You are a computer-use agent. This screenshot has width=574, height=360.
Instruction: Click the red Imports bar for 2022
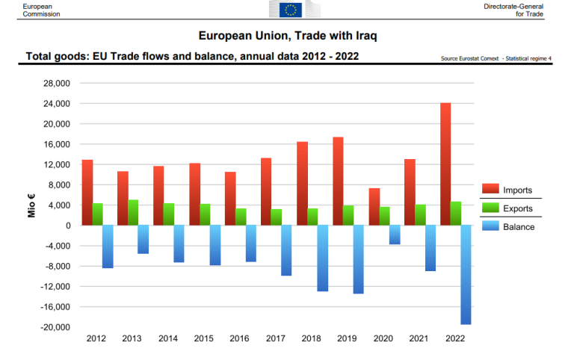[445, 164]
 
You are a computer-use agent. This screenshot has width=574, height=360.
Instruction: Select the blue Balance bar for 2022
[466, 275]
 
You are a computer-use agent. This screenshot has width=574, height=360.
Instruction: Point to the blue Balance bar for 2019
[359, 259]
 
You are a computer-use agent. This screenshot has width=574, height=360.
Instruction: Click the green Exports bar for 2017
[277, 217]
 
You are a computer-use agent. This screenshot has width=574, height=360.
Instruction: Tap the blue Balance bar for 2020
[395, 235]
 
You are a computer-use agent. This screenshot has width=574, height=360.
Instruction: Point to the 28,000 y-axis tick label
[56, 83]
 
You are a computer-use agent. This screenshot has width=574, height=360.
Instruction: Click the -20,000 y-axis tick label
[55, 327]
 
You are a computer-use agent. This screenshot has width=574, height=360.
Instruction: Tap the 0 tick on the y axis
[67, 226]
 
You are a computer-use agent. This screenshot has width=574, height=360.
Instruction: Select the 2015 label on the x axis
[204, 339]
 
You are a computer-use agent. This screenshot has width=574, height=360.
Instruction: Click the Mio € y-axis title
[32, 205]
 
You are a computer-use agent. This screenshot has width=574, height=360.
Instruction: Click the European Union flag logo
[290, 10]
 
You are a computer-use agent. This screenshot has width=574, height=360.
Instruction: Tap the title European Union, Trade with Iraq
[292, 35]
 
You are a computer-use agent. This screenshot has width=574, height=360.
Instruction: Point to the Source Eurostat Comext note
[497, 58]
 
